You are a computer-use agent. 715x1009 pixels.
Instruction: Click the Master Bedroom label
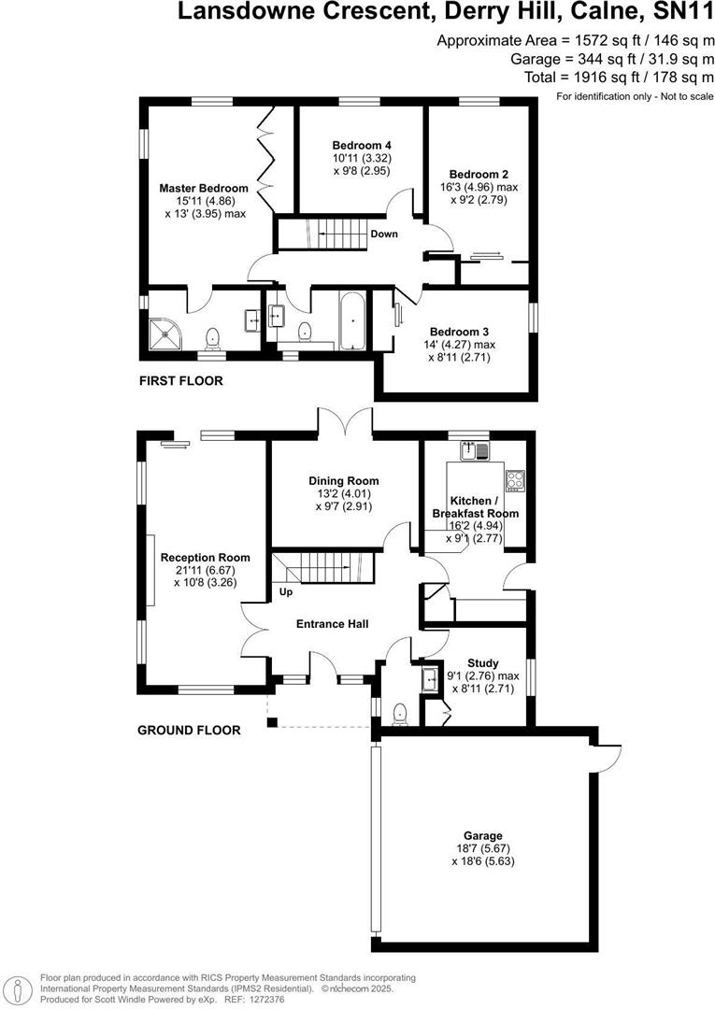click(x=203, y=188)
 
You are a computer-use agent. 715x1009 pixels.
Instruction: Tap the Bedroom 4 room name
click(x=362, y=145)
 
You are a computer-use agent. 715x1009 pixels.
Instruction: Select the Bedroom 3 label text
click(x=459, y=332)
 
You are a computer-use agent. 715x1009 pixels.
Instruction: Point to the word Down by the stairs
click(x=384, y=234)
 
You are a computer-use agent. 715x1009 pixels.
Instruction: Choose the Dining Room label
click(x=344, y=481)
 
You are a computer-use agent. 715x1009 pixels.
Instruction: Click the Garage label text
click(x=483, y=835)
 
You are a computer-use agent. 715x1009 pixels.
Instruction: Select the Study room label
click(x=484, y=663)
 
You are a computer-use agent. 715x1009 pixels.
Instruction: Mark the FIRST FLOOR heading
click(x=180, y=381)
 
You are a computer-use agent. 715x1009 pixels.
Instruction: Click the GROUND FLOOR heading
click(x=189, y=731)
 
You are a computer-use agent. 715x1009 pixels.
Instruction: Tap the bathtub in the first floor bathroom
click(x=352, y=323)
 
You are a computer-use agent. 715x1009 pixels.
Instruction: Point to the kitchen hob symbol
click(x=514, y=480)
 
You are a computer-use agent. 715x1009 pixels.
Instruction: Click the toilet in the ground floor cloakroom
click(x=401, y=715)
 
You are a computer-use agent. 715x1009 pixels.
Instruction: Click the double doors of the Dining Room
click(x=345, y=421)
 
